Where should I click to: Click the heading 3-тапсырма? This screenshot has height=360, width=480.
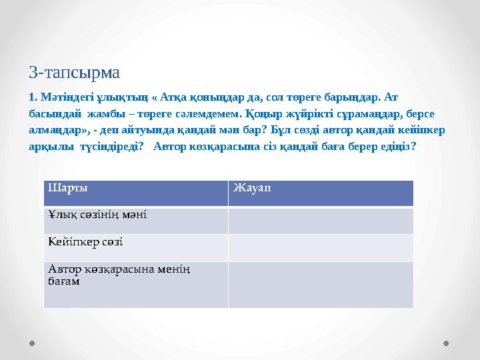pyautogui.click(x=75, y=71)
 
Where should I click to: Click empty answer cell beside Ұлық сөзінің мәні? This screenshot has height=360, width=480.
pyautogui.click(x=321, y=221)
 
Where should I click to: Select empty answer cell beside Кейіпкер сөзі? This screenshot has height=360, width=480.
pyautogui.click(x=321, y=247)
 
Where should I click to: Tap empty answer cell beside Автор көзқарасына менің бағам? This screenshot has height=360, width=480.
pyautogui.click(x=321, y=284)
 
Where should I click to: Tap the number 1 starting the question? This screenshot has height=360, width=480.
pyautogui.click(x=31, y=97)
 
